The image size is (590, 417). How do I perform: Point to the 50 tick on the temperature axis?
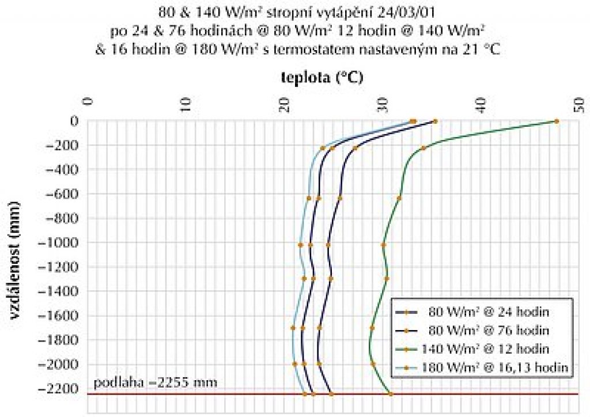(580, 104)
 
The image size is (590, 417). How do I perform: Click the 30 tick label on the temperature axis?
(383, 104)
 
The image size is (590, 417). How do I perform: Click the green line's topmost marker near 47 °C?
(557, 122)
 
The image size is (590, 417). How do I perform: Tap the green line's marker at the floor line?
(391, 394)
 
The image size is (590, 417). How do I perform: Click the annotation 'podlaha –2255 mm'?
(155, 382)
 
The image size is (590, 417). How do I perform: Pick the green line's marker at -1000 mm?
(383, 245)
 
